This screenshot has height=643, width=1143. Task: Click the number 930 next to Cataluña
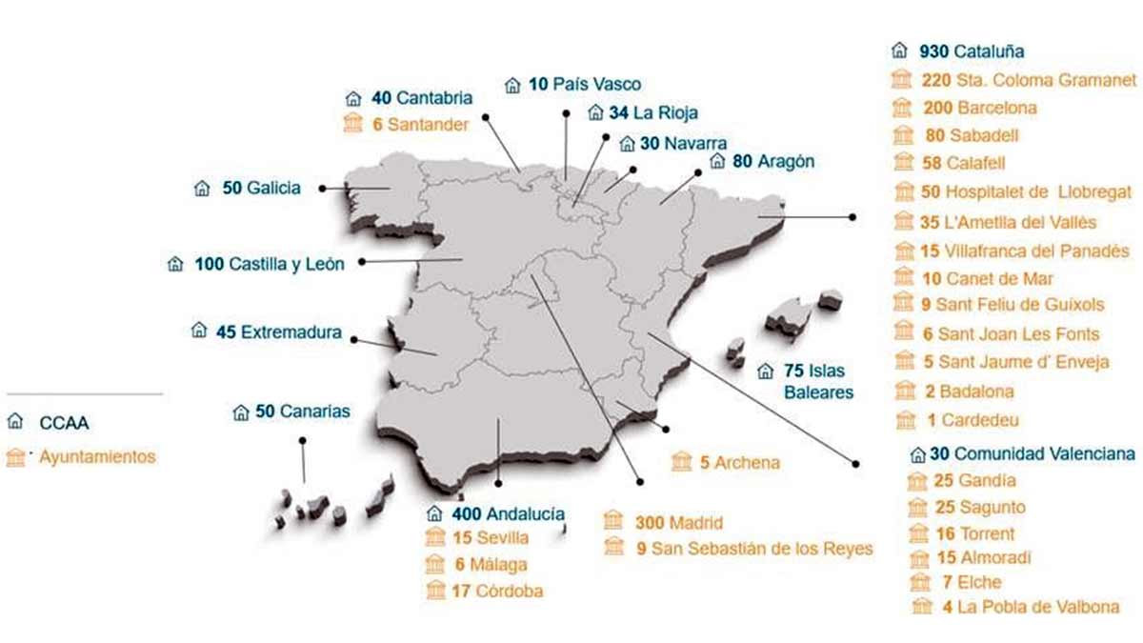click(933, 51)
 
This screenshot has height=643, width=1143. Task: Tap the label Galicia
click(273, 188)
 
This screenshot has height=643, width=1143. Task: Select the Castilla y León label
click(287, 264)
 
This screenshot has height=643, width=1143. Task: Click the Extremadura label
click(291, 332)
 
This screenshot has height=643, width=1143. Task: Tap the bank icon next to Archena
click(681, 463)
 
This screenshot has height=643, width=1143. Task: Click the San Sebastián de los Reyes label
click(762, 548)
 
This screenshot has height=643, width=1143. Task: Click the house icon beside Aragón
click(717, 162)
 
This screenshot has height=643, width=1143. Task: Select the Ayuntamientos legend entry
click(97, 457)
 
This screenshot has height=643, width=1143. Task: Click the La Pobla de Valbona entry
click(1039, 607)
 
